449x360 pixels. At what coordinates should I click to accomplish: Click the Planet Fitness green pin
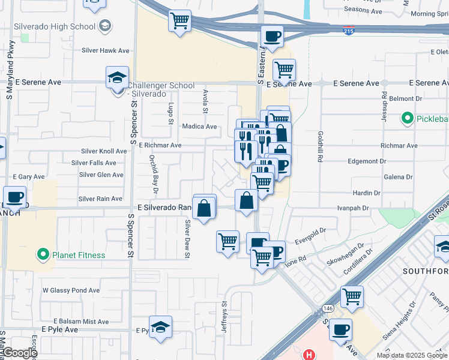(43, 255)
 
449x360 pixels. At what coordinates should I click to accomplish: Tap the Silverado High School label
(61, 26)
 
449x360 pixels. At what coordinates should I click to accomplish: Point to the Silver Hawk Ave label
(106, 51)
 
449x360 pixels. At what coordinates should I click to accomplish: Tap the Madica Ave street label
(200, 127)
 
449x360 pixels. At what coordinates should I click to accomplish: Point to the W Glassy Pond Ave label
(71, 290)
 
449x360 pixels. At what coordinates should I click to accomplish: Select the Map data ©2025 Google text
(411, 355)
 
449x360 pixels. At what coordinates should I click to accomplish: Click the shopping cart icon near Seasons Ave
(180, 22)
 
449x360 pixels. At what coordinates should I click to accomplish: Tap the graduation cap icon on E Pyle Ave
(160, 328)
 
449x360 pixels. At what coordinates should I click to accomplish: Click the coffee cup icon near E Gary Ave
(14, 197)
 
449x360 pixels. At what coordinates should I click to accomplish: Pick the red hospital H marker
(309, 355)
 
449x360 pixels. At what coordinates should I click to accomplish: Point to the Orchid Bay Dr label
(154, 175)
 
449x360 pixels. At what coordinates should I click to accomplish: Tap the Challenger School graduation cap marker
(117, 78)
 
